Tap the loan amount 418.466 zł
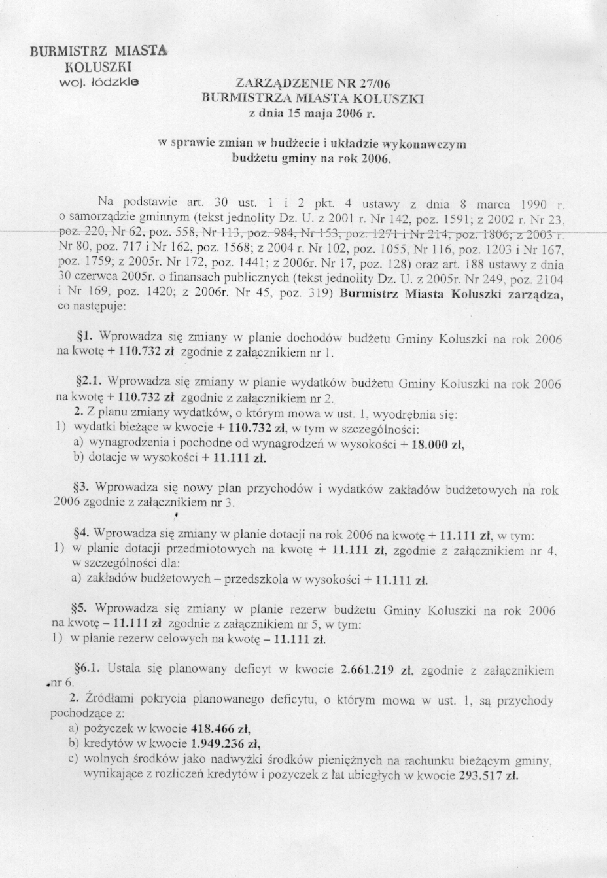pos(221,728)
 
